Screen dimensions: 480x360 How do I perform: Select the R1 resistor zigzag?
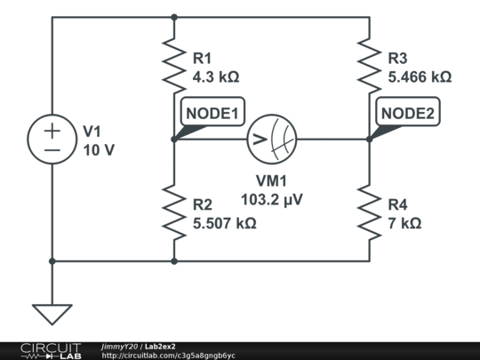(174, 66)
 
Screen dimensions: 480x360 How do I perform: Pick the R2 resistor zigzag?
(174, 212)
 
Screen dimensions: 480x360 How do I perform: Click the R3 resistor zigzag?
(370, 66)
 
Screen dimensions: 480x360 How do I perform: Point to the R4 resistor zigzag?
(370, 212)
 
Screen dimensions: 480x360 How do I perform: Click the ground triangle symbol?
(52, 315)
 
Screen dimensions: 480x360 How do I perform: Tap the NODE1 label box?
(212, 112)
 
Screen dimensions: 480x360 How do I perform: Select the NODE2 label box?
(408, 112)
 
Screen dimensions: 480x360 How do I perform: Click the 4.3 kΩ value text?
(216, 76)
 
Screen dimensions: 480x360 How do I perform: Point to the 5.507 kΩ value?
(225, 223)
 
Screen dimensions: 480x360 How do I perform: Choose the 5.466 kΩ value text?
(420, 76)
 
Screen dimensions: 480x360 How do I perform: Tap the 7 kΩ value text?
(404, 223)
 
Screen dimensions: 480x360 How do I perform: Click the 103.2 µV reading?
(272, 200)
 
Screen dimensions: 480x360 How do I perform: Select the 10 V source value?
(99, 150)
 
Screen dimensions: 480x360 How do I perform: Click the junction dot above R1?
(174, 17)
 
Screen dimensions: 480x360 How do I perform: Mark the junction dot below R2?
(174, 261)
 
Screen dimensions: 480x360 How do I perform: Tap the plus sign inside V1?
(52, 131)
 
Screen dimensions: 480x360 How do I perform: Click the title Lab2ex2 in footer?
(160, 347)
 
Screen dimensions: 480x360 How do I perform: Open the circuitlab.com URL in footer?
(168, 356)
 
